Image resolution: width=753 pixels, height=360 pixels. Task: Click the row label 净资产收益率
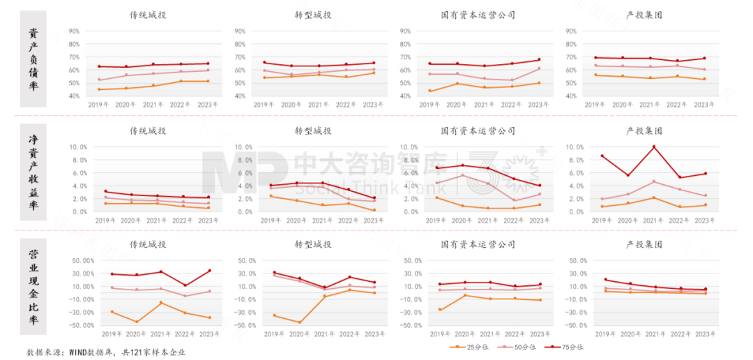33,172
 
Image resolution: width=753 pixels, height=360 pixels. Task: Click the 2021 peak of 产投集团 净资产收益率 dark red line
653,147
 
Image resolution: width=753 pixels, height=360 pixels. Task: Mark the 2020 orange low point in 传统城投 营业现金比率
137,322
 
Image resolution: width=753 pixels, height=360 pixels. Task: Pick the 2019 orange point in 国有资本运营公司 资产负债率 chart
429,91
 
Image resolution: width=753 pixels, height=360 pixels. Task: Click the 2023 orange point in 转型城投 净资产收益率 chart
374,210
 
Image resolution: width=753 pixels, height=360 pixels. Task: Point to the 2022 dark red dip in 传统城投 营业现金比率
185,285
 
